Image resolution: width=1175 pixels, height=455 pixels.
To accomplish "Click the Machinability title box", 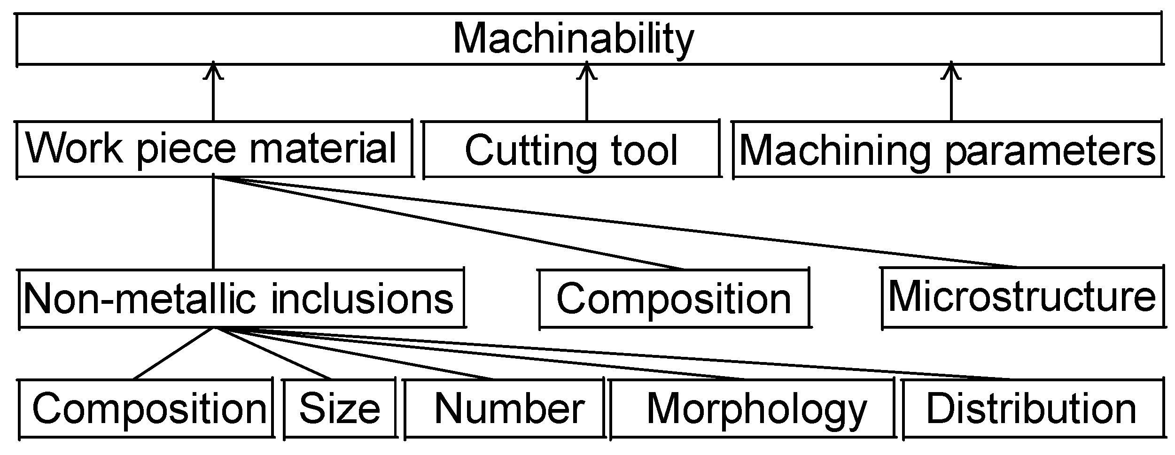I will (587, 39).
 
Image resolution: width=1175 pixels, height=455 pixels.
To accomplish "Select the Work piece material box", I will (214, 149).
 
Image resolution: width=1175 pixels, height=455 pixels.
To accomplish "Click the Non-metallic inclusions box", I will (241, 299).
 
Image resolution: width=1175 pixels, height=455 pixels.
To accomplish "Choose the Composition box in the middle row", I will (674, 299).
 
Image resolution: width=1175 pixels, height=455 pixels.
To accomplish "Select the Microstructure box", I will (1022, 297).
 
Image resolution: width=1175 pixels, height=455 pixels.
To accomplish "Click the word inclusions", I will (362, 299).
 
